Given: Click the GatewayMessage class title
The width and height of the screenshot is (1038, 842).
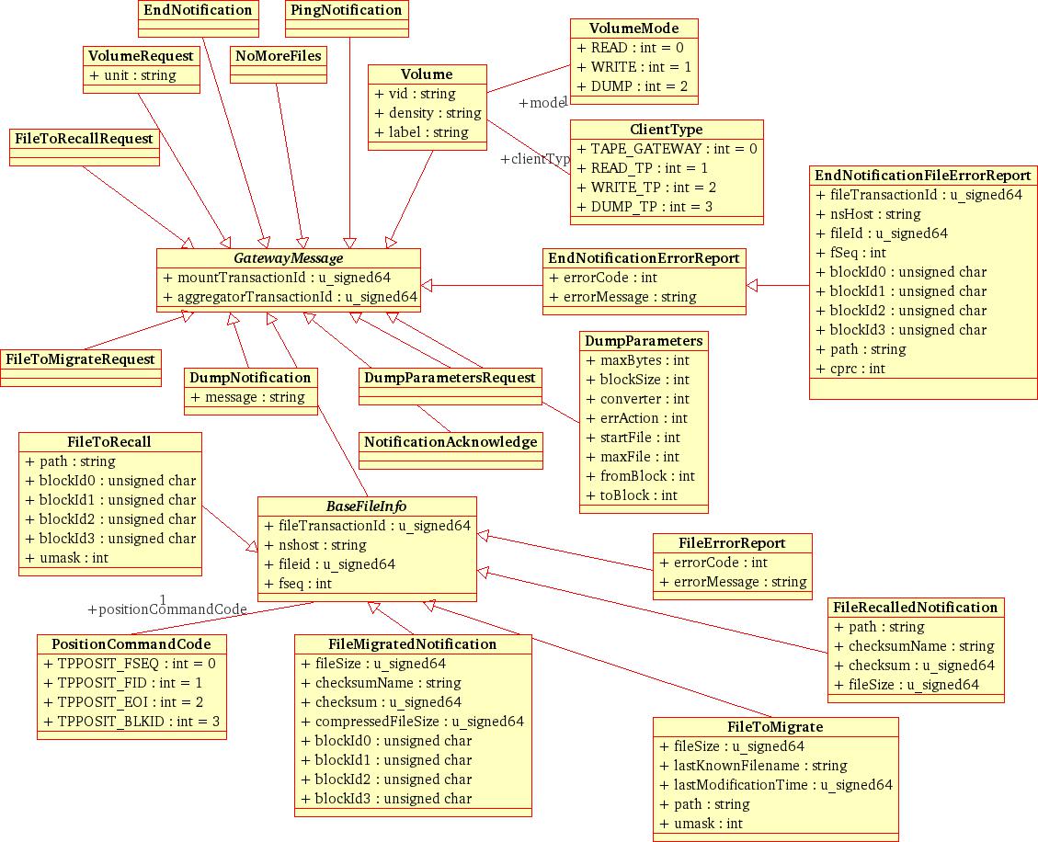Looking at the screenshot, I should tap(288, 258).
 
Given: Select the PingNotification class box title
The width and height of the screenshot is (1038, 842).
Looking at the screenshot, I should tap(346, 10).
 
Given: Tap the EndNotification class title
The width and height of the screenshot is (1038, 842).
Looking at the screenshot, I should tap(198, 10).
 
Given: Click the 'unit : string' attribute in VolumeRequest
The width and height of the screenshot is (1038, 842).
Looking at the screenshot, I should tap(132, 75).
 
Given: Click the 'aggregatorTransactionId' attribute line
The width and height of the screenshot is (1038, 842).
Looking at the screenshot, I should tap(290, 297).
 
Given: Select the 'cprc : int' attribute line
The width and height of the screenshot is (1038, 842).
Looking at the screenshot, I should tap(850, 369).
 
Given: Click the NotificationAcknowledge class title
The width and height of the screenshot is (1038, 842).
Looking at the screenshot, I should tap(451, 442).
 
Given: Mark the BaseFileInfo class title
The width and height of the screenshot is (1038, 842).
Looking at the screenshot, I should tap(366, 506).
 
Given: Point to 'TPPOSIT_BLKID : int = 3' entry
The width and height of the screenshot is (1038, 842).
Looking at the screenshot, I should tap(131, 722).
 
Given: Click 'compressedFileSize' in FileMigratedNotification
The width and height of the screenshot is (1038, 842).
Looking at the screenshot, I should tap(412, 722).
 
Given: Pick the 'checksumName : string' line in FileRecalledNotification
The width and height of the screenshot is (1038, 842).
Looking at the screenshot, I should tap(914, 646).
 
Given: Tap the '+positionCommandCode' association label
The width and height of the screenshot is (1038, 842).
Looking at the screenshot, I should tap(167, 609).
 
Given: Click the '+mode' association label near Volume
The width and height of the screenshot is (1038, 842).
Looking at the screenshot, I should tap(542, 103).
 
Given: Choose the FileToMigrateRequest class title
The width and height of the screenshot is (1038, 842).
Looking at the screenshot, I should tap(80, 359).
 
